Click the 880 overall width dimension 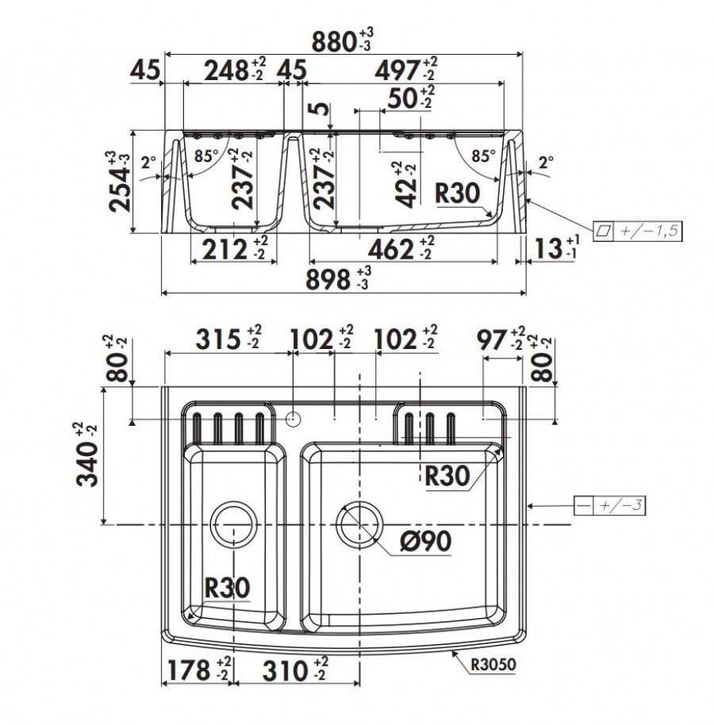[333, 42]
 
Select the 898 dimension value [328, 280]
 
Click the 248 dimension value [226, 71]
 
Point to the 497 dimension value [397, 71]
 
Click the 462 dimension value [391, 250]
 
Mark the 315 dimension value [218, 339]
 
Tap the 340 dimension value [87, 464]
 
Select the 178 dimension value [188, 670]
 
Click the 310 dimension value [286, 671]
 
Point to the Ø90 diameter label [425, 541]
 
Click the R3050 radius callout [493, 665]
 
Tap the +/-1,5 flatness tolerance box [637, 230]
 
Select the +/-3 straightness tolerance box [609, 505]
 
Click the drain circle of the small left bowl [233, 524]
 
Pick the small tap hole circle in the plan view [294, 420]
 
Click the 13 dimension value [548, 249]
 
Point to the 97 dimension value [492, 341]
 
